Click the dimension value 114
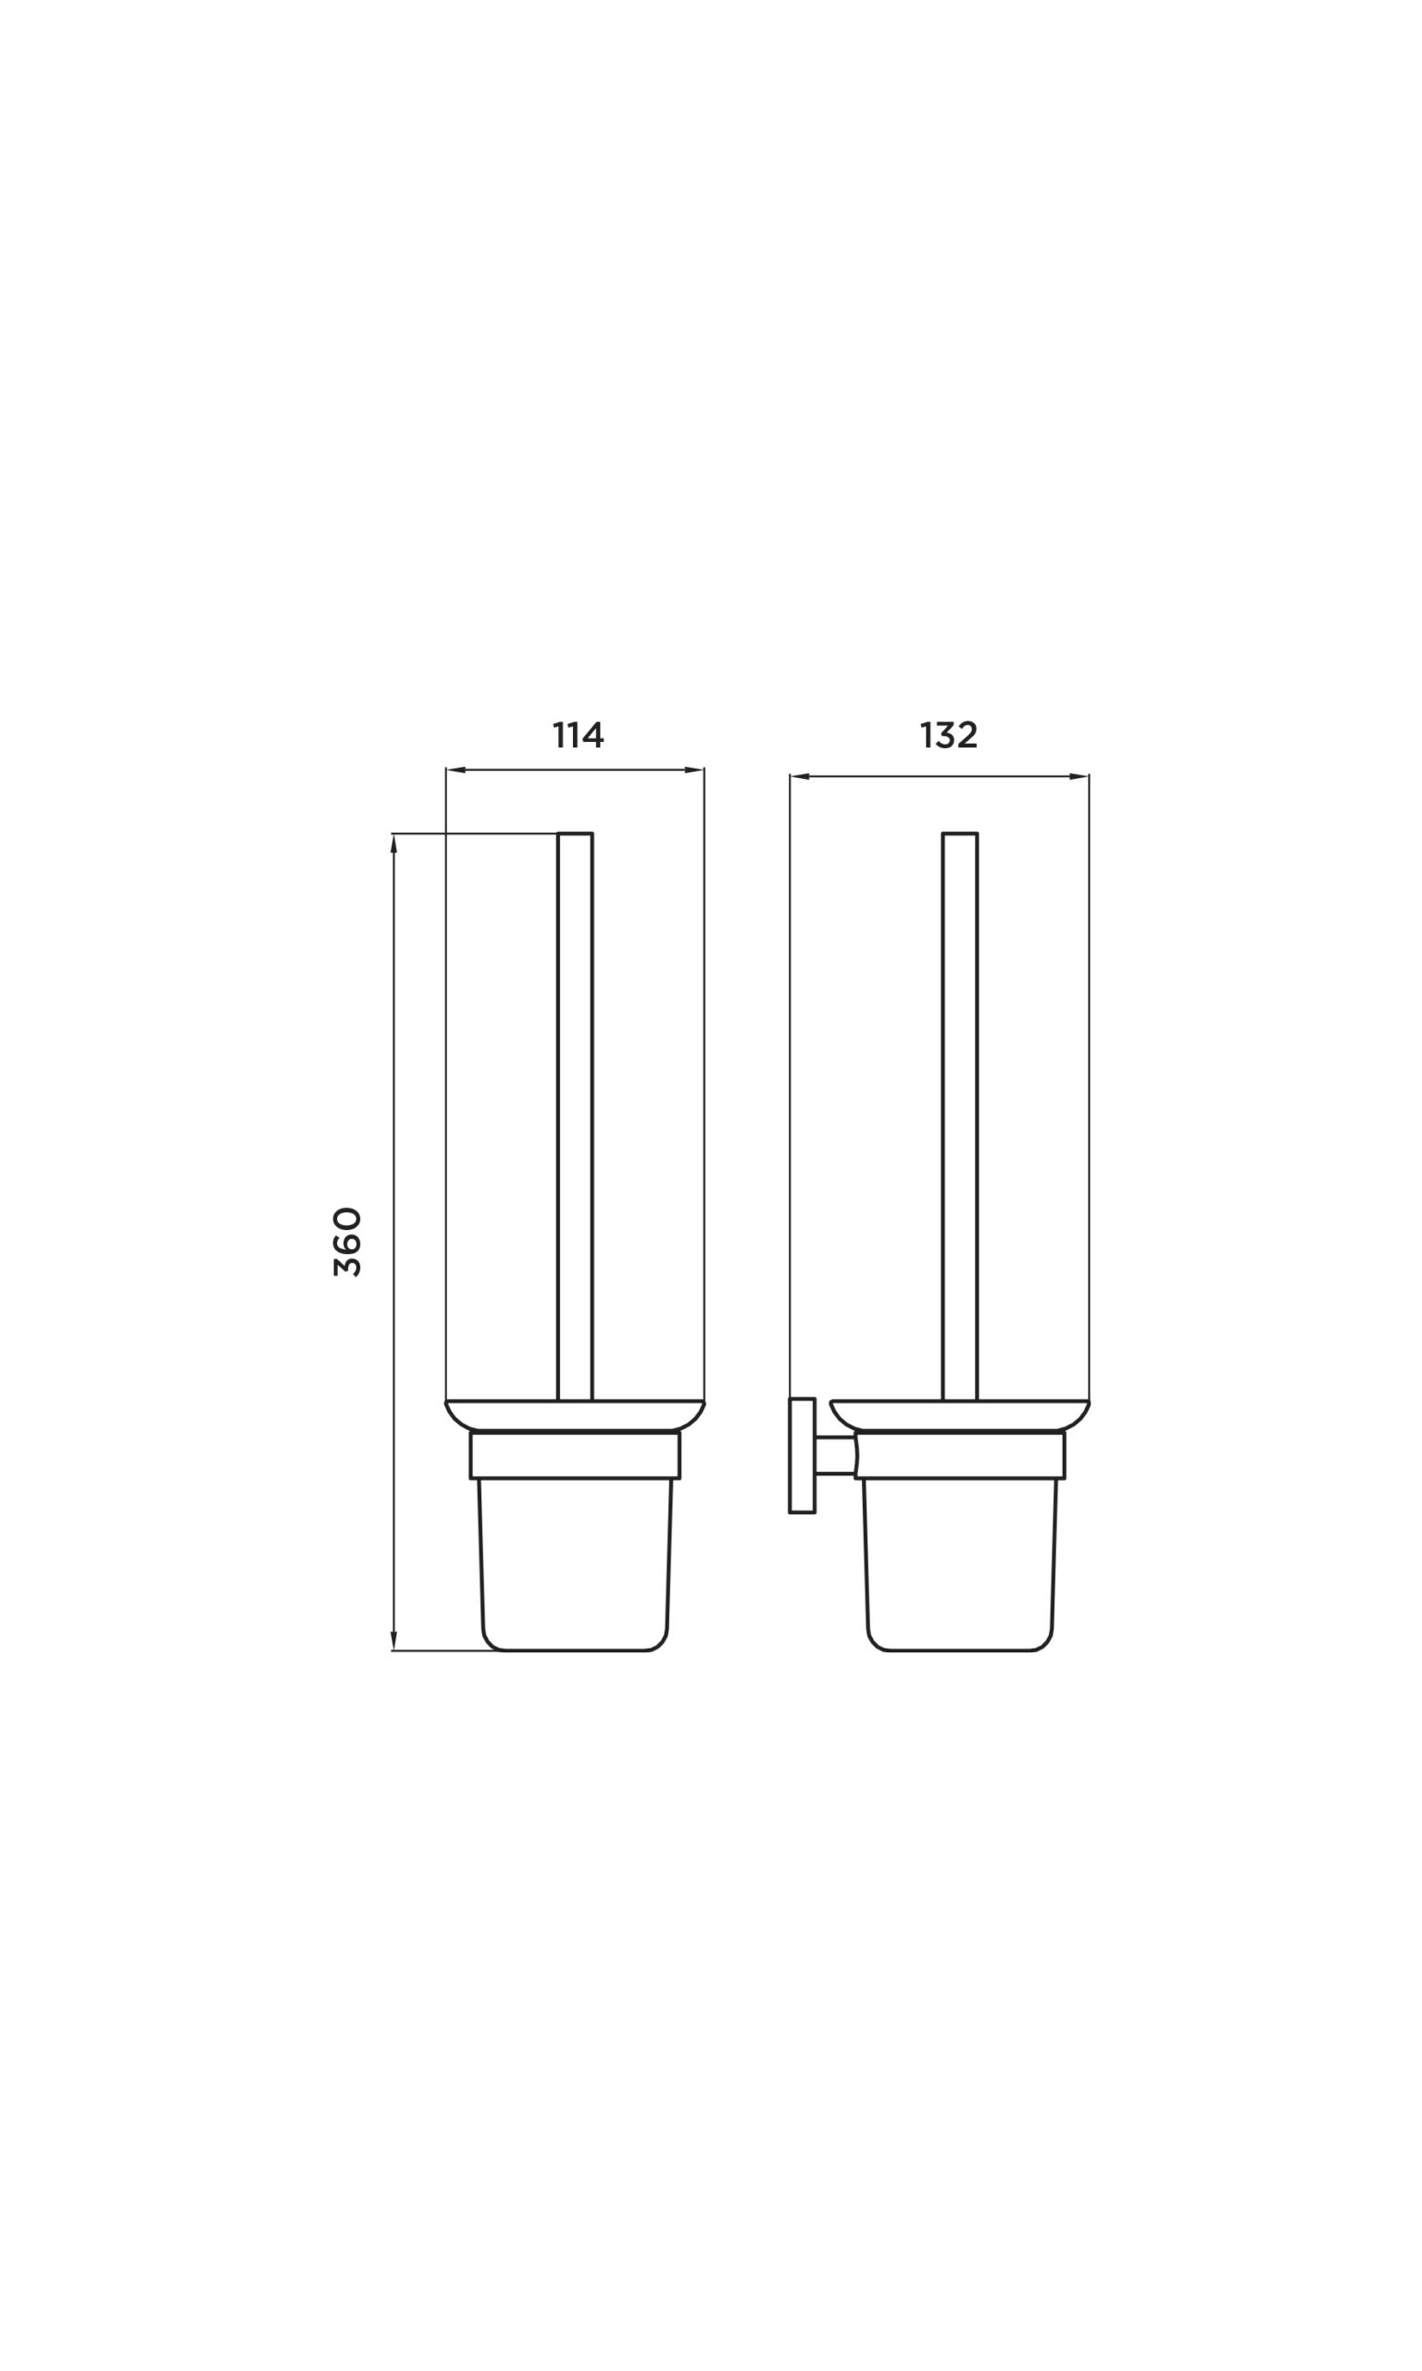tap(578, 735)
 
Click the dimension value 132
tap(949, 735)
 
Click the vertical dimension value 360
tap(348, 1241)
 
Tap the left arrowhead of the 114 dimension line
tap(456, 770)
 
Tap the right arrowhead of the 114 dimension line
tap(694, 770)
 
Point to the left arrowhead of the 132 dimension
tap(800, 776)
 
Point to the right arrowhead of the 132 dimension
tap(1079, 776)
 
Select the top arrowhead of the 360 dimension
tap(393, 844)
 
